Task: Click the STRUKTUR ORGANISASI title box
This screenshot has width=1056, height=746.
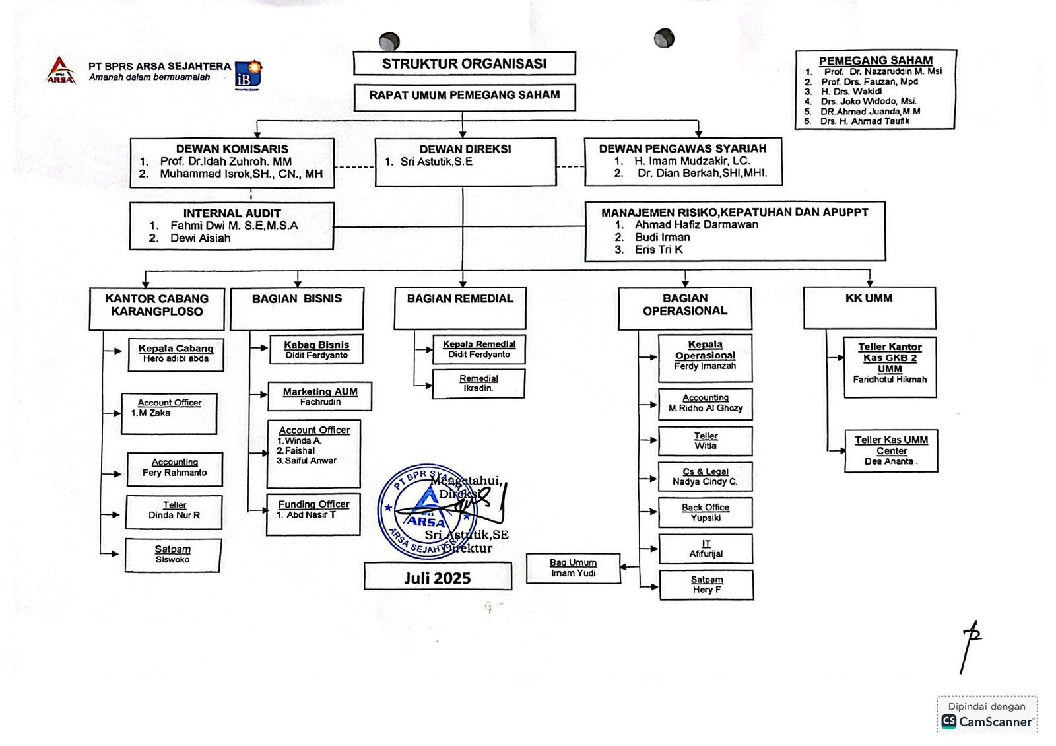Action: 464,63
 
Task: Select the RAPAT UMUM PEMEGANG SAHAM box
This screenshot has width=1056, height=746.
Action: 464,96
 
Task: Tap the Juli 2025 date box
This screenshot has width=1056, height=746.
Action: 438,577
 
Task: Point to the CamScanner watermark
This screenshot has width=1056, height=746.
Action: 987,715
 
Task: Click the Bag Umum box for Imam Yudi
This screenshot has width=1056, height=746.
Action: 573,568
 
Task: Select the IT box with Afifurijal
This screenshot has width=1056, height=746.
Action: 706,549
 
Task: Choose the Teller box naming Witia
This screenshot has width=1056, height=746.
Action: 705,441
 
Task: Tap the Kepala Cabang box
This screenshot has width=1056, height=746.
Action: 176,354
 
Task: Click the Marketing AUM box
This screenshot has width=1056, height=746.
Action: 320,396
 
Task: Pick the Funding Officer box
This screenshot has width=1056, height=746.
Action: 313,514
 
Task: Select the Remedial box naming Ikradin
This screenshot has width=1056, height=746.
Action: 478,384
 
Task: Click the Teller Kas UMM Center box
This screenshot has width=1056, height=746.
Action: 891,451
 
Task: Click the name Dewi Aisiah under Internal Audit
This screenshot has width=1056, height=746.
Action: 200,238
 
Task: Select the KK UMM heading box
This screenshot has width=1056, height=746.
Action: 869,307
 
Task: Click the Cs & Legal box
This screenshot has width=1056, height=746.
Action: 705,477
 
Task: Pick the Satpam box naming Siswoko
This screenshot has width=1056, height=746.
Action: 172,555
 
